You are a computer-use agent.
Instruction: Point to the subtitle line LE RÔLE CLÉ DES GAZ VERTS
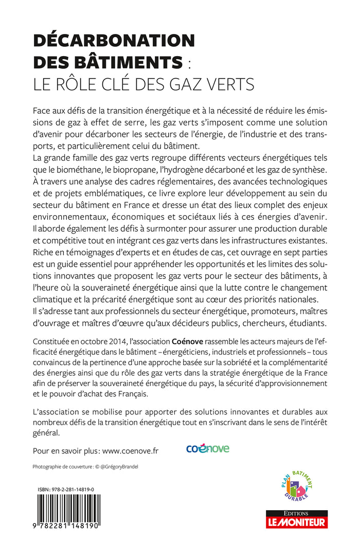point(143,84)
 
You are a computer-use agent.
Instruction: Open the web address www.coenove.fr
point(131,450)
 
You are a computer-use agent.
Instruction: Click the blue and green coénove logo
point(208,449)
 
